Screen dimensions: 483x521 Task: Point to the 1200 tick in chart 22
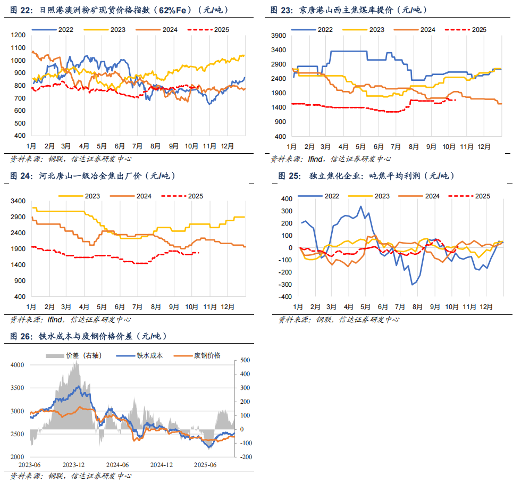(x=18, y=35)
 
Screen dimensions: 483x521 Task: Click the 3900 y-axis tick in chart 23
(x=280, y=35)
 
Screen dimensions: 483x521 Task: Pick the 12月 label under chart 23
(x=484, y=145)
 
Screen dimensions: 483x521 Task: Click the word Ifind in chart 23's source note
(x=315, y=159)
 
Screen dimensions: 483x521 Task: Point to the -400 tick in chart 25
(x=285, y=296)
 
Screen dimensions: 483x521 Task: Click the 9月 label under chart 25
(x=435, y=306)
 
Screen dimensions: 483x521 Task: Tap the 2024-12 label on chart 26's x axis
(x=162, y=464)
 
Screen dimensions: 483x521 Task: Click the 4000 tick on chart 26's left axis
(x=18, y=365)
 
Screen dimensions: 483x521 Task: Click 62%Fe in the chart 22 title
(x=171, y=10)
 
